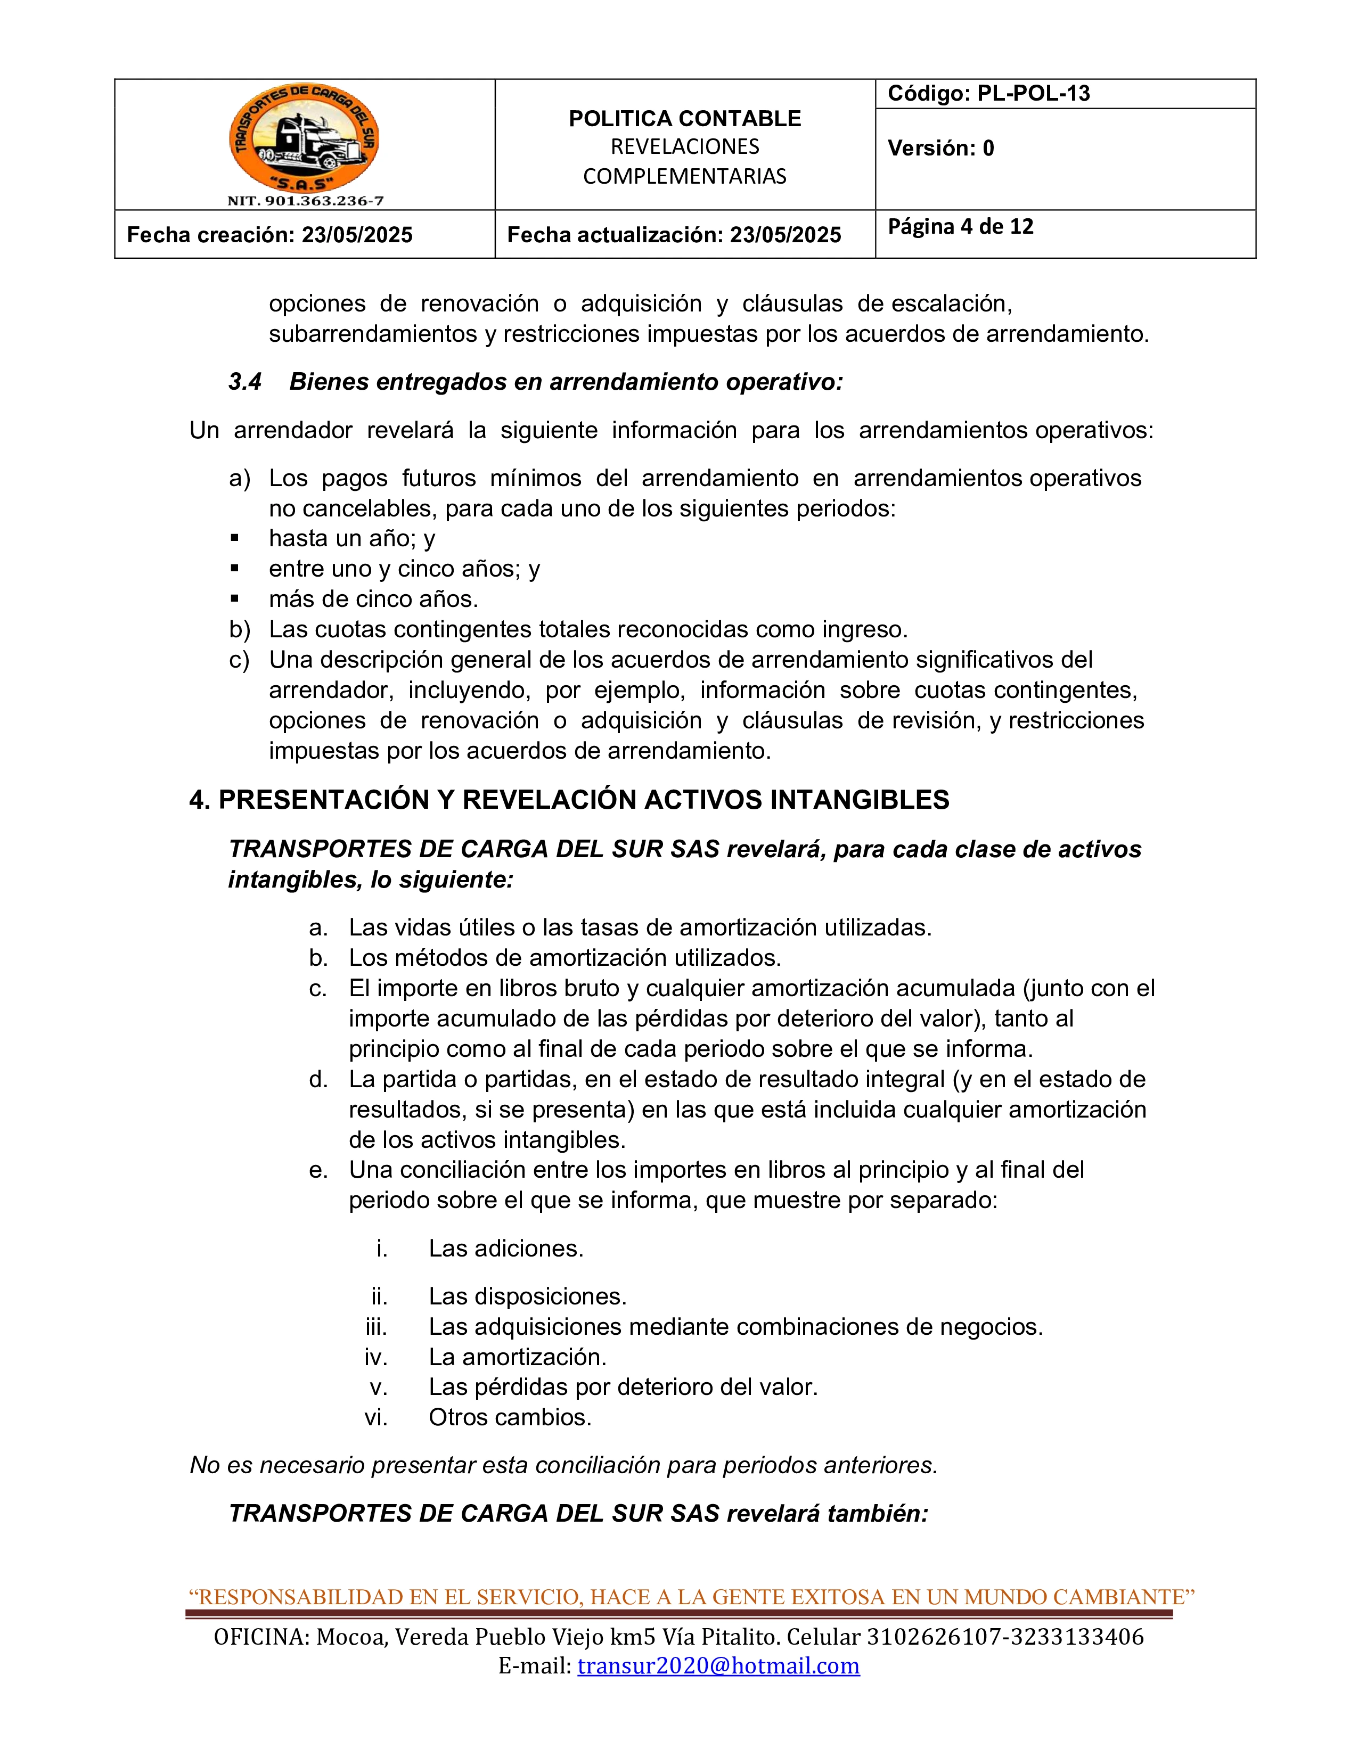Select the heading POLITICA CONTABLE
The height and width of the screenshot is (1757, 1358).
pos(685,118)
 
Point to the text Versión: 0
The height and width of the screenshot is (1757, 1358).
pos(940,148)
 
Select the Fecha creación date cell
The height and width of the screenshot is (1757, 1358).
pos(269,235)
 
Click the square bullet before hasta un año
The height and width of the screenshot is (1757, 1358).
pos(235,537)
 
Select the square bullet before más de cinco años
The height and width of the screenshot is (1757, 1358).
pos(235,598)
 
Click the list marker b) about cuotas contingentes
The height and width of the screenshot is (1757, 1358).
pos(239,629)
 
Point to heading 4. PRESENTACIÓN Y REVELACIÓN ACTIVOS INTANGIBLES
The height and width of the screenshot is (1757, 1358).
pos(569,800)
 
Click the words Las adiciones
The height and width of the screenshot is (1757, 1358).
pos(505,1248)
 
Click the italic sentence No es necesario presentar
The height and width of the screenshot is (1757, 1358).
pos(563,1465)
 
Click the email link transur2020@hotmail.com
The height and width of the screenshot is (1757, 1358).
pos(718,1665)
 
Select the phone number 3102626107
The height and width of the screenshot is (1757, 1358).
pos(934,1636)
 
